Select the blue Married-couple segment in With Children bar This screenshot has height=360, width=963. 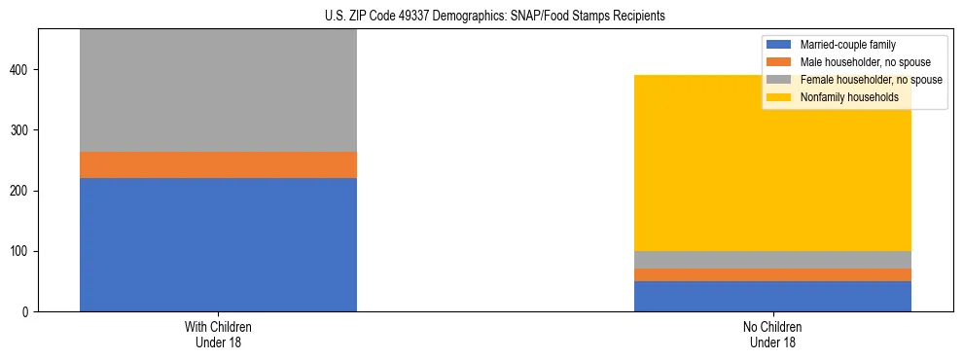218,244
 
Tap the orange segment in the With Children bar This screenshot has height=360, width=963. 218,164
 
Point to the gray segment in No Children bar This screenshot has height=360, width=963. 772,260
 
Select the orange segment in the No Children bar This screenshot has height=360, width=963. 772,274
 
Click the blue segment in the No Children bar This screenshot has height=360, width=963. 772,296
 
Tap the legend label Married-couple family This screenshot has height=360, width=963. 847,45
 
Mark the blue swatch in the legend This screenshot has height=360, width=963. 779,45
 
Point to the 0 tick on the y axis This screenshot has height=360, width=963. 28,311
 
